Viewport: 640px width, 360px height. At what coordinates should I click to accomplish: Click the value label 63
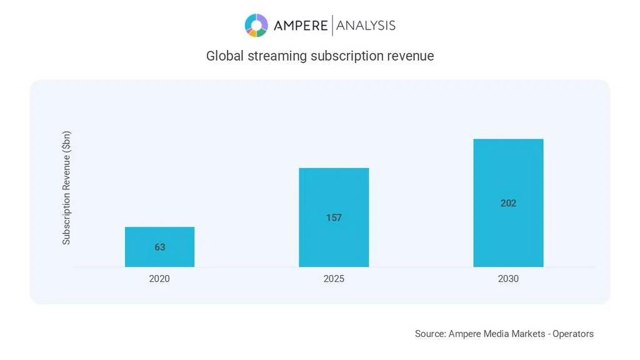coord(160,247)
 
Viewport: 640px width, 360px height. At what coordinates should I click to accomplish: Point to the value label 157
coord(334,218)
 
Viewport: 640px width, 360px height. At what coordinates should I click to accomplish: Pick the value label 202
coord(508,203)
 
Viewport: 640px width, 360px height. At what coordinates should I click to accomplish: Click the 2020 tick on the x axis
coord(159,279)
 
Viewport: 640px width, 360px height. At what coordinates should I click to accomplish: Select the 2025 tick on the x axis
coord(334,279)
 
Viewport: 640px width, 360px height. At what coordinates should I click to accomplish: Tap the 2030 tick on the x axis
coord(508,279)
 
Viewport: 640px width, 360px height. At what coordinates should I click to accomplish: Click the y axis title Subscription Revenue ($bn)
coord(66,187)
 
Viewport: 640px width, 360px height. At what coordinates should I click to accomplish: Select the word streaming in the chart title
coord(277,56)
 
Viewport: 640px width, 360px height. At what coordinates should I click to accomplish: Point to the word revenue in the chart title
coord(410,56)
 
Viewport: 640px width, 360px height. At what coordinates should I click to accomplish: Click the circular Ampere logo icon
coord(256,26)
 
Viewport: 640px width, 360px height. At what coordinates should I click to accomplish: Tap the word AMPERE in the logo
coord(301,26)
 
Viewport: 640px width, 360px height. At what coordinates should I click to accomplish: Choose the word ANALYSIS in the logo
coord(366,26)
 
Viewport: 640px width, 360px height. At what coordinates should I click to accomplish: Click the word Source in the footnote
coord(430,334)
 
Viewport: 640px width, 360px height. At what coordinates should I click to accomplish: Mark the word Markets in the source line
coord(529,334)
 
